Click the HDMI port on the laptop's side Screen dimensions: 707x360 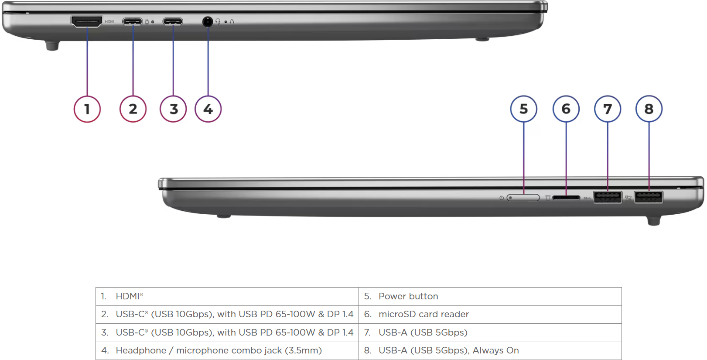(87, 21)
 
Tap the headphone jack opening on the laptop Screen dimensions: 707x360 (207, 21)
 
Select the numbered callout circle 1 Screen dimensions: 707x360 (87, 109)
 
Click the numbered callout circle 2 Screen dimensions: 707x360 (133, 109)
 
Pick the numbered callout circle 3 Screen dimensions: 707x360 (173, 109)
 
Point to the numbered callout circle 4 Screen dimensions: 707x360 (208, 109)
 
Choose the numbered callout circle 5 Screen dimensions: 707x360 (524, 109)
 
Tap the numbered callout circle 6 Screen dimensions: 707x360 (566, 109)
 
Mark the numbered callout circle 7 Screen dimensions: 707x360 (608, 109)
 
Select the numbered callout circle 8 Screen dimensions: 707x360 (649, 109)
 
